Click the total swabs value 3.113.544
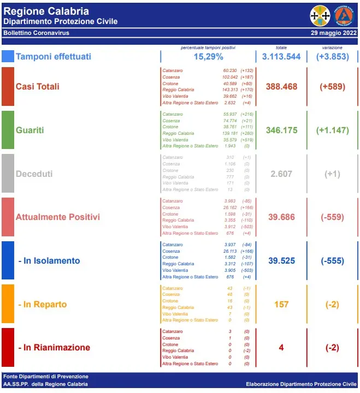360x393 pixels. point(281,57)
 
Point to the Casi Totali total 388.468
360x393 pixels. point(281,87)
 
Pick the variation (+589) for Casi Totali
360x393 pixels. point(332,87)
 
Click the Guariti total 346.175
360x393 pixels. point(281,130)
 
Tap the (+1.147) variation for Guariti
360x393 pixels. point(332,130)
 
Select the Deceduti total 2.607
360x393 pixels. point(281,174)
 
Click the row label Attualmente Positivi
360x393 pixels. point(58,217)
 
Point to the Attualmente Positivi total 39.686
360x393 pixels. point(281,217)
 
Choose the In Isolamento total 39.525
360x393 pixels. point(281,260)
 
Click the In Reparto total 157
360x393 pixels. point(281,304)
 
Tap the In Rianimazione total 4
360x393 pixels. point(281,347)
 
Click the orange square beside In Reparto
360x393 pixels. point(8,304)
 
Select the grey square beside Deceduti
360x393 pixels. point(8,174)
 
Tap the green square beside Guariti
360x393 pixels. point(8,130)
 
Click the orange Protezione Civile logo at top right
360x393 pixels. point(344,15)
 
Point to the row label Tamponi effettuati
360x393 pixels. point(54,57)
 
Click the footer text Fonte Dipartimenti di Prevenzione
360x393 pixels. point(45,377)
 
